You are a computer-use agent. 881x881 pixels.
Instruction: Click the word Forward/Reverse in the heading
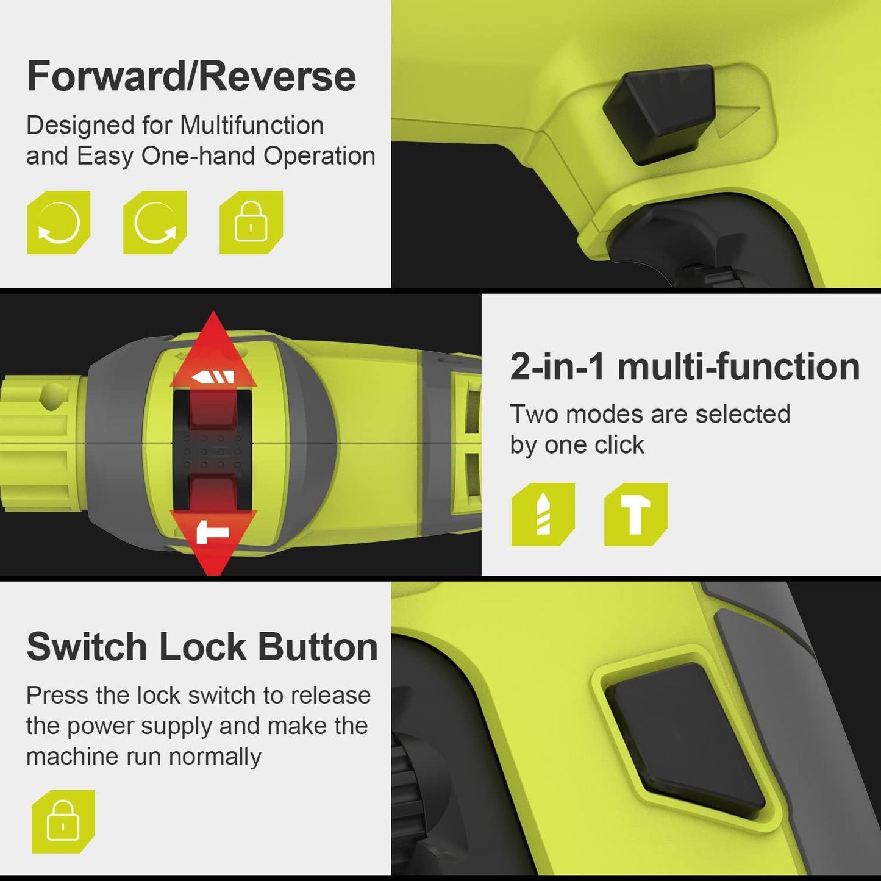point(191,76)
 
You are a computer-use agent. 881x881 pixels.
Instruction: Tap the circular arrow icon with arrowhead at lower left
point(59,223)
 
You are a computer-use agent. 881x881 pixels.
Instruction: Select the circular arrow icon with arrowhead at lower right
point(155,223)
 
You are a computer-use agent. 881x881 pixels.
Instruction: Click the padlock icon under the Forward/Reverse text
point(251,223)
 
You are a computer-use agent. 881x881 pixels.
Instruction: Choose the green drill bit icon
point(543,515)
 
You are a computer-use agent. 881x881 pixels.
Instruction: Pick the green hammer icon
point(636,515)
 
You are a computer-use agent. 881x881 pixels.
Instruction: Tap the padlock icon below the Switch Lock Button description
point(63,821)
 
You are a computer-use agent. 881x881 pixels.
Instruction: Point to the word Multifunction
point(252,125)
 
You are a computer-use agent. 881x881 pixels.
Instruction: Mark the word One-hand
point(199,156)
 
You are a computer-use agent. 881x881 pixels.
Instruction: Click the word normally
point(215,757)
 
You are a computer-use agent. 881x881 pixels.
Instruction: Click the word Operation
point(319,157)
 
